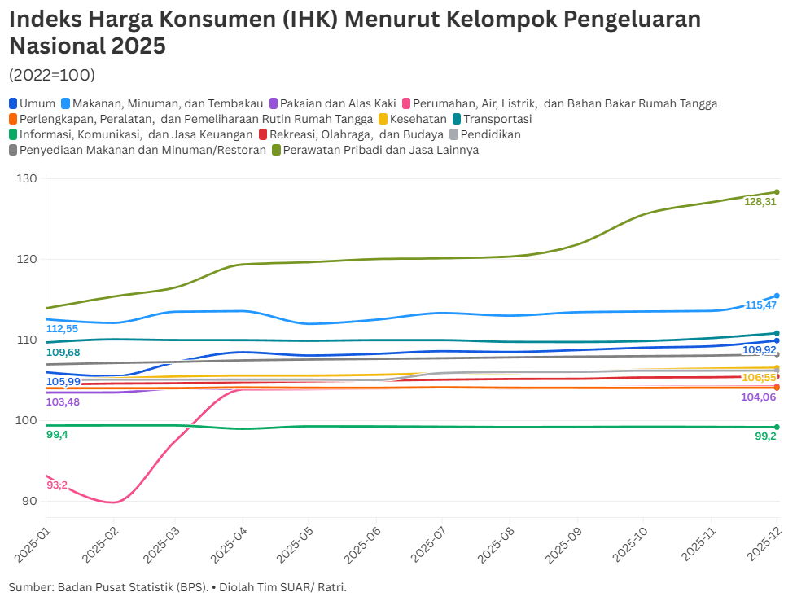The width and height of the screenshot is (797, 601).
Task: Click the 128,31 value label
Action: tap(760, 201)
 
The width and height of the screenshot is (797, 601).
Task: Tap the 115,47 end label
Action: tap(761, 305)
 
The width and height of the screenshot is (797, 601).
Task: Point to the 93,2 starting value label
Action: tap(57, 485)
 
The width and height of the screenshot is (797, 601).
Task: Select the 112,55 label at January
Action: tap(62, 329)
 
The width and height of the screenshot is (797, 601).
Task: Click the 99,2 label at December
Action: tap(765, 436)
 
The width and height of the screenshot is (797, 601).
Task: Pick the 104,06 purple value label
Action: tap(758, 397)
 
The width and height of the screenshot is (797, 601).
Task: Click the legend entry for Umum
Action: tap(33, 103)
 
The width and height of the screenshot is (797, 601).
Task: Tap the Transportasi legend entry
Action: tap(497, 119)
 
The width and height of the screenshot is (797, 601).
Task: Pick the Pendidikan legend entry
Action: tap(490, 134)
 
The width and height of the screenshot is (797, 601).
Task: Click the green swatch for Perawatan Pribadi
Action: tap(277, 150)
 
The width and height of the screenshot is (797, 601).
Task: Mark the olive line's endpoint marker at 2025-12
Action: tap(777, 192)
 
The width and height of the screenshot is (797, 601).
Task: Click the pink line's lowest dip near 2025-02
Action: tap(113, 502)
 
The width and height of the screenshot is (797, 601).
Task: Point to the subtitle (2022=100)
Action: tap(52, 75)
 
